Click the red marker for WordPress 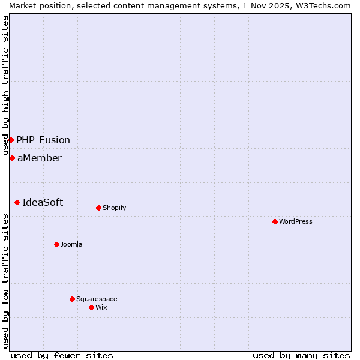click(275, 221)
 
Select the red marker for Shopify click(98, 208)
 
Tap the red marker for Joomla click(56, 244)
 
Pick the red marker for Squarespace click(72, 299)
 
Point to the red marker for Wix click(91, 307)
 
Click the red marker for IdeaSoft click(17, 202)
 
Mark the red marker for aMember click(12, 158)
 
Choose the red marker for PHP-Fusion click(11, 140)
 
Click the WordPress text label click(296, 221)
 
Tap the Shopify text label click(115, 208)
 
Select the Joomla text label click(71, 244)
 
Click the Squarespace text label click(97, 299)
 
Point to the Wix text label click(101, 307)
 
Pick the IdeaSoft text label click(43, 202)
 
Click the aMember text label click(40, 158)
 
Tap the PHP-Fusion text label click(43, 140)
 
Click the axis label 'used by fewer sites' click(62, 355)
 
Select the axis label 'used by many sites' click(301, 355)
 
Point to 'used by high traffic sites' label click(6, 84)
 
